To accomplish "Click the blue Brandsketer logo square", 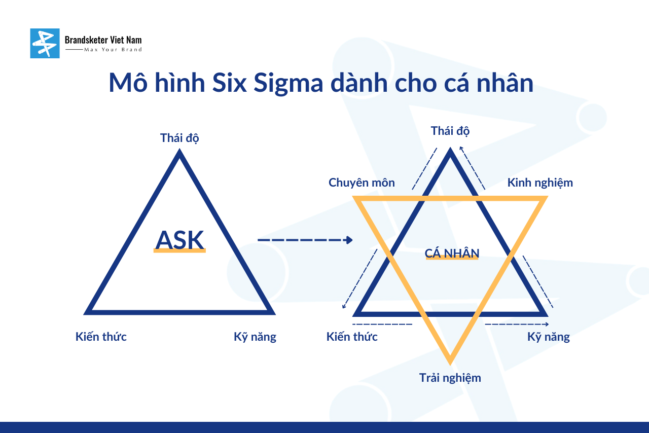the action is pyautogui.click(x=45, y=43).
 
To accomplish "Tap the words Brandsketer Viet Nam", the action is pyautogui.click(x=103, y=40).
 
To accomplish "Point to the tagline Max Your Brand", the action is pyautogui.click(x=113, y=50).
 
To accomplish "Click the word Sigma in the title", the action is pyautogui.click(x=289, y=84).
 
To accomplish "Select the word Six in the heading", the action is pyautogui.click(x=230, y=83).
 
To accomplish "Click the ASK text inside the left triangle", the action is pyautogui.click(x=179, y=240).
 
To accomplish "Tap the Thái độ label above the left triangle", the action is pyautogui.click(x=179, y=138).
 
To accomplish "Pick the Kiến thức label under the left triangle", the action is pyautogui.click(x=101, y=337).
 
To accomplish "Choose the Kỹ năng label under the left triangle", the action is pyautogui.click(x=255, y=337).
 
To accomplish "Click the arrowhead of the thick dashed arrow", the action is pyautogui.click(x=349, y=240).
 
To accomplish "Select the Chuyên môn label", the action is pyautogui.click(x=362, y=183).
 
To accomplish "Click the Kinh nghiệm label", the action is pyautogui.click(x=540, y=183).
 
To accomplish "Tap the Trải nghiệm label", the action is pyautogui.click(x=450, y=378).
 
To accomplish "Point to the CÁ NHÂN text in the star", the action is pyautogui.click(x=452, y=253).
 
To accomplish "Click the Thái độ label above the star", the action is pyautogui.click(x=450, y=131).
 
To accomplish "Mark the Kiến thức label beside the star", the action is pyautogui.click(x=352, y=337).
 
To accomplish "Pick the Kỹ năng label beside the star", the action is pyautogui.click(x=549, y=337).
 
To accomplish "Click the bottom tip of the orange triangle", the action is pyautogui.click(x=450, y=364).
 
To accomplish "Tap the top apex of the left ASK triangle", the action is pyautogui.click(x=179, y=150).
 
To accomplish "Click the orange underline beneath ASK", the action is pyautogui.click(x=179, y=250).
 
